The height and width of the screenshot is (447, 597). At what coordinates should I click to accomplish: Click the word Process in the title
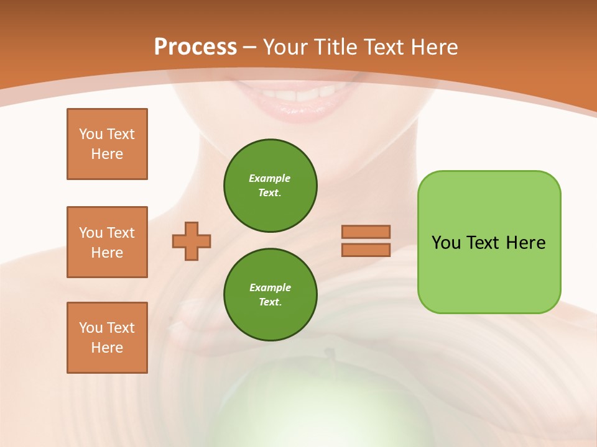pyautogui.click(x=195, y=47)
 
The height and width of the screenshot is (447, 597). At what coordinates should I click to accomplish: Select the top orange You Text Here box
pyautogui.click(x=107, y=144)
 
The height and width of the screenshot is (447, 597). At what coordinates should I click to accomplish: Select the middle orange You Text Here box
pyautogui.click(x=107, y=242)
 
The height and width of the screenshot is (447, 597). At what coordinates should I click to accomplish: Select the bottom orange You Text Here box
pyautogui.click(x=107, y=338)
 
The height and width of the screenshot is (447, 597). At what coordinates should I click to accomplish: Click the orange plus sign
pyautogui.click(x=192, y=241)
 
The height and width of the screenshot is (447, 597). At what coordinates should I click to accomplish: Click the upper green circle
pyautogui.click(x=271, y=186)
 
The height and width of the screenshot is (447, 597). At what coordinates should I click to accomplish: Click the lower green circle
pyautogui.click(x=271, y=295)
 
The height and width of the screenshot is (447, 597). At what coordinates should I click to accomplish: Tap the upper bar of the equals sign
pyautogui.click(x=366, y=232)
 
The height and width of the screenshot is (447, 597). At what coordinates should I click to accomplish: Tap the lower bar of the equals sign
pyautogui.click(x=366, y=250)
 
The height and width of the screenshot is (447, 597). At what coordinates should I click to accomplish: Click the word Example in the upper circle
pyautogui.click(x=269, y=178)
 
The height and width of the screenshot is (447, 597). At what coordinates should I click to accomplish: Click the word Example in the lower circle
pyautogui.click(x=270, y=287)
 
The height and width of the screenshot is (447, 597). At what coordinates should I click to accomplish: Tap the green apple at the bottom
pyautogui.click(x=298, y=410)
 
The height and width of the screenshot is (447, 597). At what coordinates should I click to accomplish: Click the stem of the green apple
pyautogui.click(x=330, y=355)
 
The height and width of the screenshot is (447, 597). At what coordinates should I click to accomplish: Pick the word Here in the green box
pyautogui.click(x=525, y=243)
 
